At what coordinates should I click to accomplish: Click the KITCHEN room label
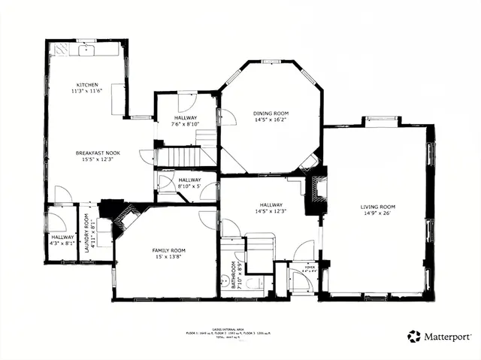[x=86, y=84]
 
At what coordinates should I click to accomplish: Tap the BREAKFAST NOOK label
[x=98, y=153]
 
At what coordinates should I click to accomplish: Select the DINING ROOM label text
[x=270, y=113]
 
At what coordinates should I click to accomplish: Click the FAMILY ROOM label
[x=168, y=250]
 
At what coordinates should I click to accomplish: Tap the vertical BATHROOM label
[x=232, y=274]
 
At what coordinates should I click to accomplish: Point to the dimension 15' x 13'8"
[x=168, y=257]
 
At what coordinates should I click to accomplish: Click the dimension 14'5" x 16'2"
[x=270, y=119]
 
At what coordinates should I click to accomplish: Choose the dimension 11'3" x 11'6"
[x=86, y=91]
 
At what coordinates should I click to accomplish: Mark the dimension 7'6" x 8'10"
[x=186, y=125]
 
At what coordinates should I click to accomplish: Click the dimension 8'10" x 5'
[x=189, y=187]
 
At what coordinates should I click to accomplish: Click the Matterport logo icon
[x=413, y=336]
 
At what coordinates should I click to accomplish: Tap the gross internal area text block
[x=229, y=334]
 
